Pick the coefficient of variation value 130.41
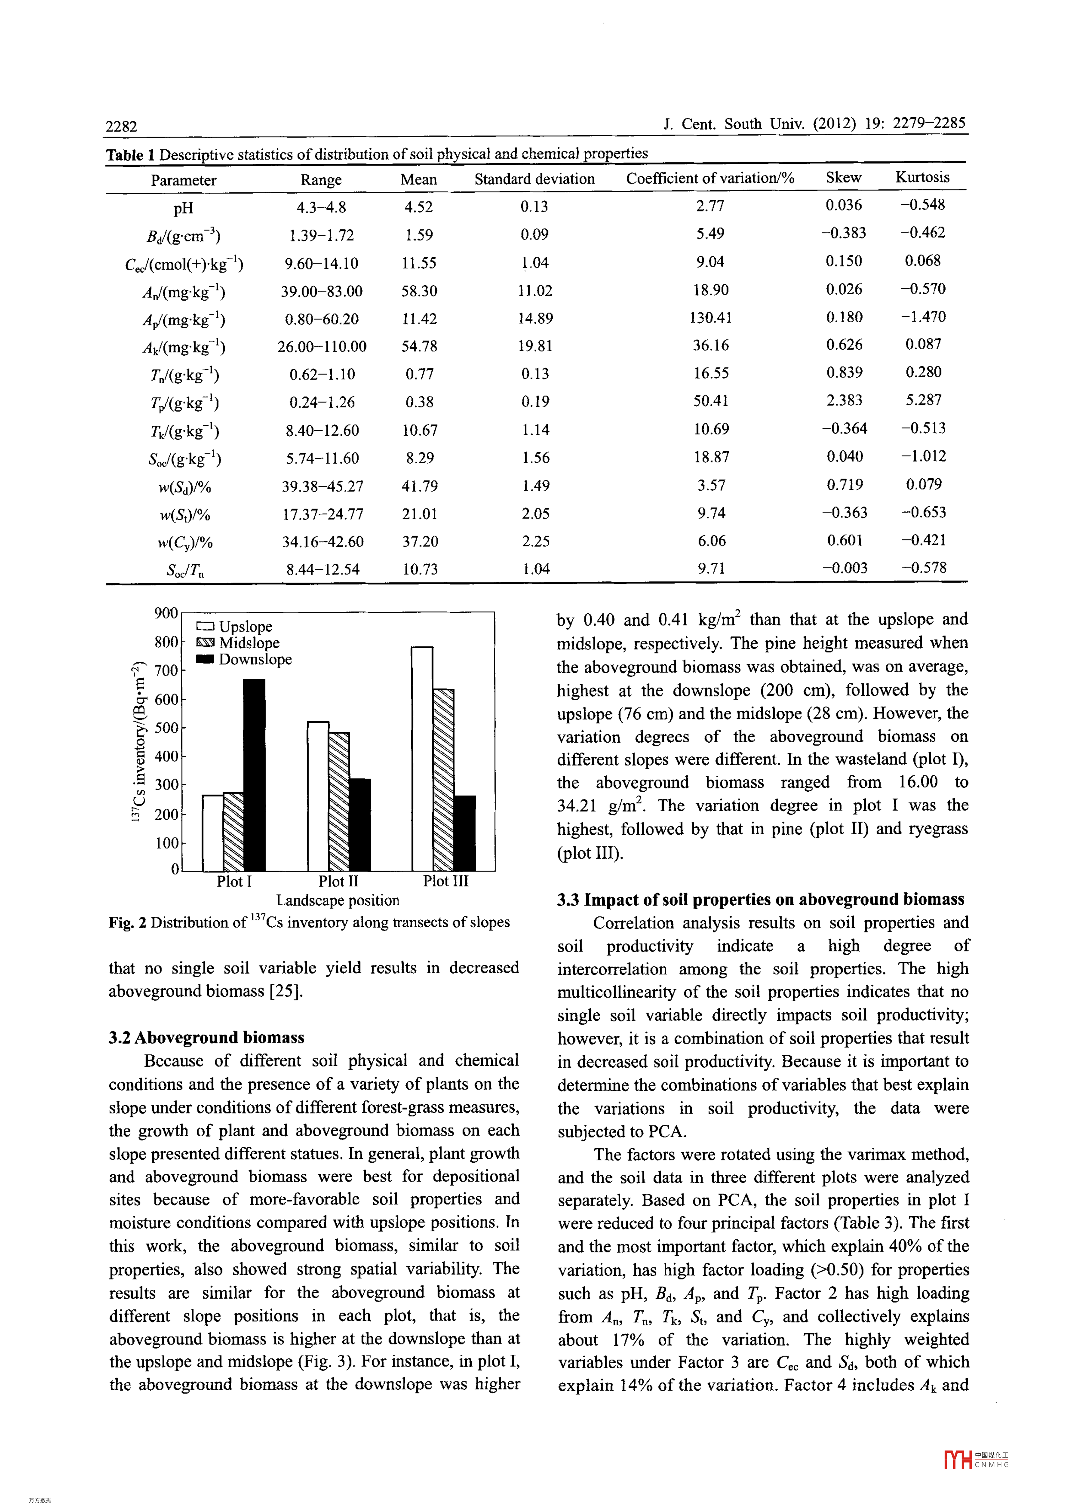click(710, 318)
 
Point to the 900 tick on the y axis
click(166, 613)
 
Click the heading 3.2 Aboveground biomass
click(207, 1037)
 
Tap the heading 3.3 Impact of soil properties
click(761, 899)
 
